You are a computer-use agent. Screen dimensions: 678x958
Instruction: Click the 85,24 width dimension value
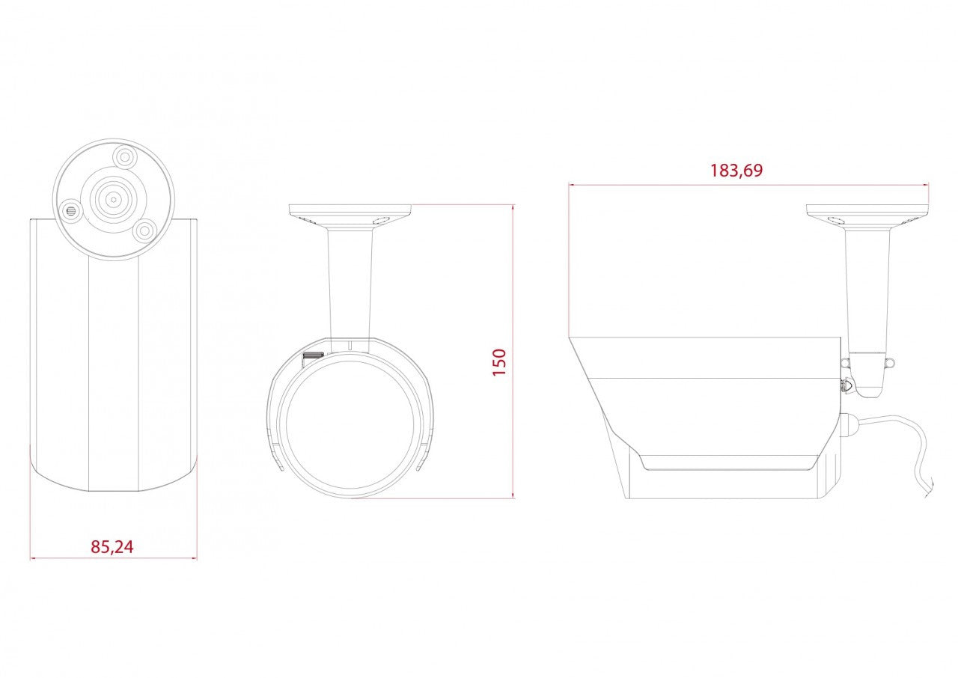[x=112, y=547]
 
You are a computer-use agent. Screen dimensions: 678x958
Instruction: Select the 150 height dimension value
[x=499, y=361]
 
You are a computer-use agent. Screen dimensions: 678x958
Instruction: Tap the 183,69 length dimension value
[x=736, y=171]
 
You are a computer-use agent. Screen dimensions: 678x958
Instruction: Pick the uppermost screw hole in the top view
[x=124, y=157]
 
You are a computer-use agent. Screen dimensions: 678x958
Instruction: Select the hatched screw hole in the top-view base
[x=71, y=210]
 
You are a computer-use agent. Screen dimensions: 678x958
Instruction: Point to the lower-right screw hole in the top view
[x=145, y=230]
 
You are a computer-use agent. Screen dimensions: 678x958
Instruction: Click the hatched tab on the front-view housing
[x=312, y=355]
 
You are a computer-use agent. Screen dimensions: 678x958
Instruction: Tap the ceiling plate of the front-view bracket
[x=350, y=210]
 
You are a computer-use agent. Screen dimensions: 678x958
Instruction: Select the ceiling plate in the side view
[x=867, y=210]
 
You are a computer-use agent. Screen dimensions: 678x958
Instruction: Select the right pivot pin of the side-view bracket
[x=891, y=363]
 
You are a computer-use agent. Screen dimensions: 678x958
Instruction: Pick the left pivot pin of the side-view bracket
[x=845, y=363]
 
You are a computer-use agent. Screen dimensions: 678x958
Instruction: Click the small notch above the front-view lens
[x=350, y=345]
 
